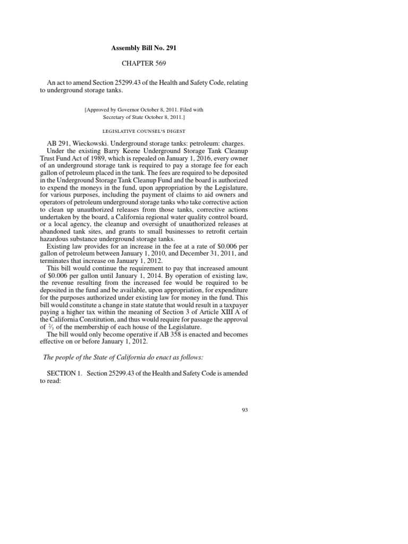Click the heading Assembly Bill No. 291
pyautogui.click(x=143, y=48)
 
